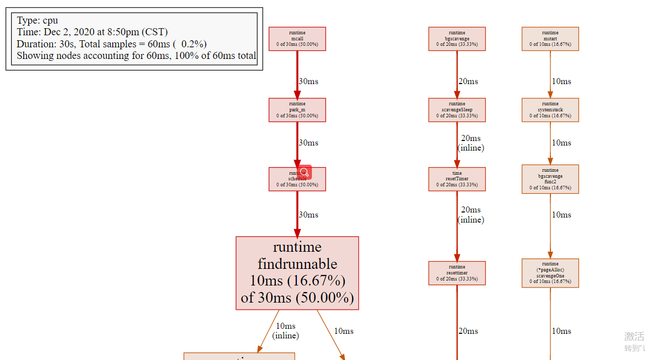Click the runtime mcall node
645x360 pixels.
click(297, 39)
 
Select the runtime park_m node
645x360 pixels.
click(297, 110)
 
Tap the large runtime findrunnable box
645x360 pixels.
click(297, 273)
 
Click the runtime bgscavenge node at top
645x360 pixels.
click(457, 39)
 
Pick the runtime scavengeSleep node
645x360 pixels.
click(457, 110)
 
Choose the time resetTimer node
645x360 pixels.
click(457, 179)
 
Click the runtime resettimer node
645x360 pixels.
click(457, 273)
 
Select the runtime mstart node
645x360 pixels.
click(550, 39)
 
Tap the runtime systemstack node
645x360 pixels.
click(550, 110)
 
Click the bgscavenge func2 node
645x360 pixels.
click(550, 179)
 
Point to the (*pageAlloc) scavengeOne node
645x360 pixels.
click(550, 273)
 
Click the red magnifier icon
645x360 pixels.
click(304, 172)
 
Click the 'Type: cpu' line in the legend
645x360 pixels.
click(37, 21)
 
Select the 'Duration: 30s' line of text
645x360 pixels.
click(111, 44)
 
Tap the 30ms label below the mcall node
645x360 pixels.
click(308, 81)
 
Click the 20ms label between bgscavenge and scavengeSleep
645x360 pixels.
click(468, 81)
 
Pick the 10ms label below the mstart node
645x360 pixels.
click(561, 81)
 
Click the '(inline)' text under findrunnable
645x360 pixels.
click(285, 335)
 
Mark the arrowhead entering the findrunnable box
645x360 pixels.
click(297, 233)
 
